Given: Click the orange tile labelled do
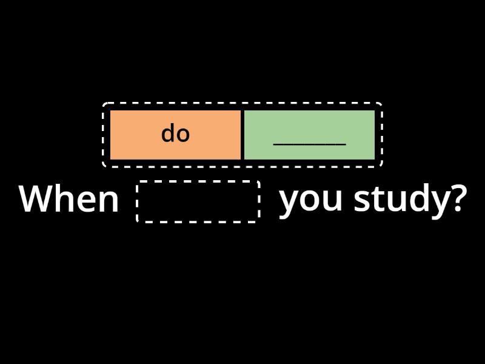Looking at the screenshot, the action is tap(175, 135).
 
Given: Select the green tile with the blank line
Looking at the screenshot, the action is tap(309, 135).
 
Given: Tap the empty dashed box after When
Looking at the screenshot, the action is tap(198, 201).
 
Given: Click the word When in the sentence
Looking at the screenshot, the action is tap(69, 198).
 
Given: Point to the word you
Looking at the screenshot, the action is tap(310, 201).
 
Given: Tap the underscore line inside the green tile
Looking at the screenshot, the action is tap(310, 144).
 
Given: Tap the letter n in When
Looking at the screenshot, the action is tap(110, 201).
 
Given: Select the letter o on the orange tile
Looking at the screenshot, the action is tap(184, 135).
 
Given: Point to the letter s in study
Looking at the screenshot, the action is tap(361, 201).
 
